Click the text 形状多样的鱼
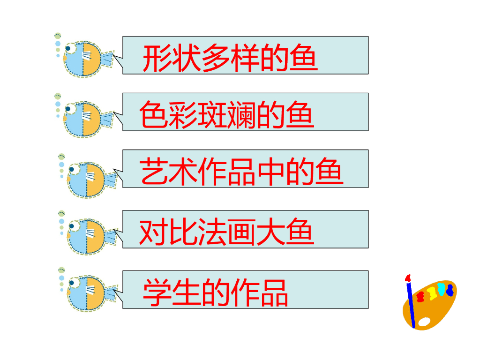(x=230, y=58)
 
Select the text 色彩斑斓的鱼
(x=226, y=115)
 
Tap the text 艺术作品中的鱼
(x=241, y=172)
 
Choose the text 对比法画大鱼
(x=226, y=232)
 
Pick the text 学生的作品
(x=216, y=292)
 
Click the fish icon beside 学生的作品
(x=86, y=293)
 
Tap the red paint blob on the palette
(x=420, y=296)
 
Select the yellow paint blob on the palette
(x=432, y=293)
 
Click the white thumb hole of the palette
(x=424, y=322)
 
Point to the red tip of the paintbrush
(x=408, y=278)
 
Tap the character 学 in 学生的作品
(x=156, y=292)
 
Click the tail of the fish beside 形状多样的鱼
(x=107, y=59)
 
